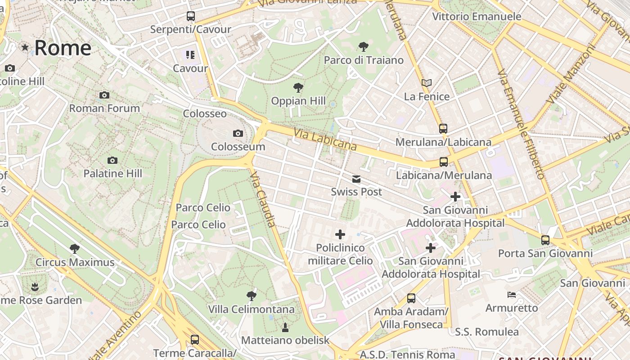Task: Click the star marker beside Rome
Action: (25, 47)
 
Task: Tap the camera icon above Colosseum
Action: (238, 133)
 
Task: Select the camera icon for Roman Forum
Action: (104, 95)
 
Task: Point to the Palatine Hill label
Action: (112, 173)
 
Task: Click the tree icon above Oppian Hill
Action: (298, 87)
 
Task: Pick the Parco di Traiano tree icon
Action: (363, 46)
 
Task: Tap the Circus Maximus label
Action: (75, 262)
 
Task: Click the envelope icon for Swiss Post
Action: (356, 179)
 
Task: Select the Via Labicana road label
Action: (325, 139)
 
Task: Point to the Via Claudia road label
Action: (263, 198)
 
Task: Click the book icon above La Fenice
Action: (426, 83)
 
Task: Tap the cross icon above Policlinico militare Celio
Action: (340, 234)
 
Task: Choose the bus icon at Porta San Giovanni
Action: (545, 240)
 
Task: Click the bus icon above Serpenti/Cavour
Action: (191, 16)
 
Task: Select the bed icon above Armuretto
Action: (512, 295)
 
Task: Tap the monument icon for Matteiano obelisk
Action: (285, 327)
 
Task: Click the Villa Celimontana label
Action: (251, 309)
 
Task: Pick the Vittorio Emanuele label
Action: (477, 17)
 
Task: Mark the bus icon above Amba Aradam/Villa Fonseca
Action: (411, 298)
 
